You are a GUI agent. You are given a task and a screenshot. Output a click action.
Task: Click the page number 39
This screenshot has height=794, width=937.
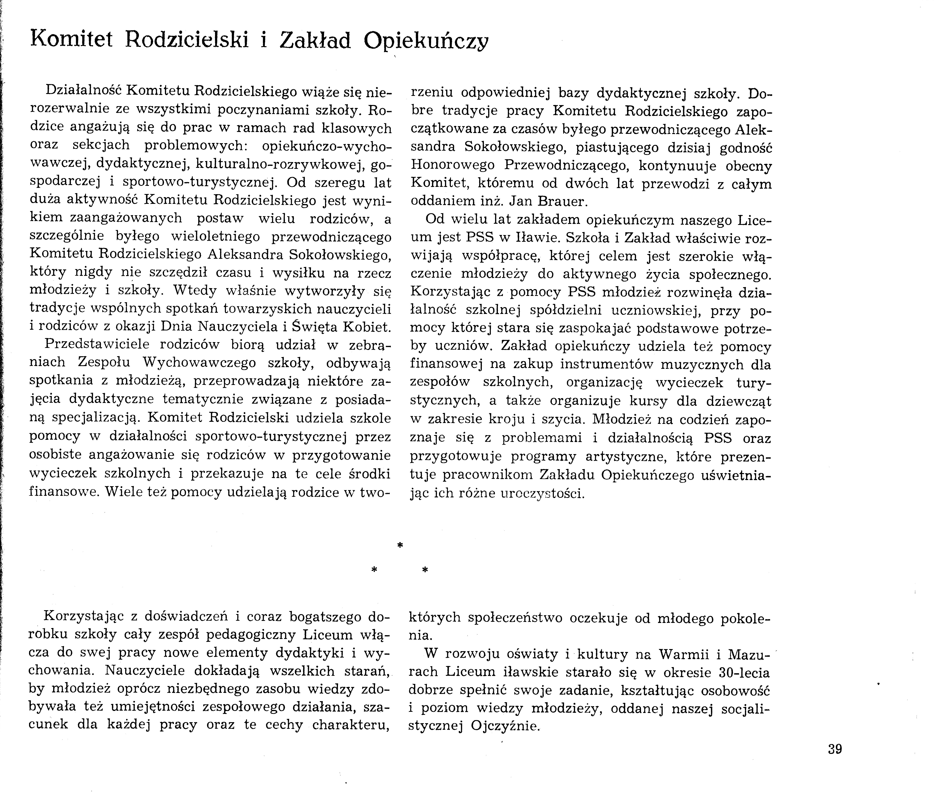pyautogui.click(x=834, y=749)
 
